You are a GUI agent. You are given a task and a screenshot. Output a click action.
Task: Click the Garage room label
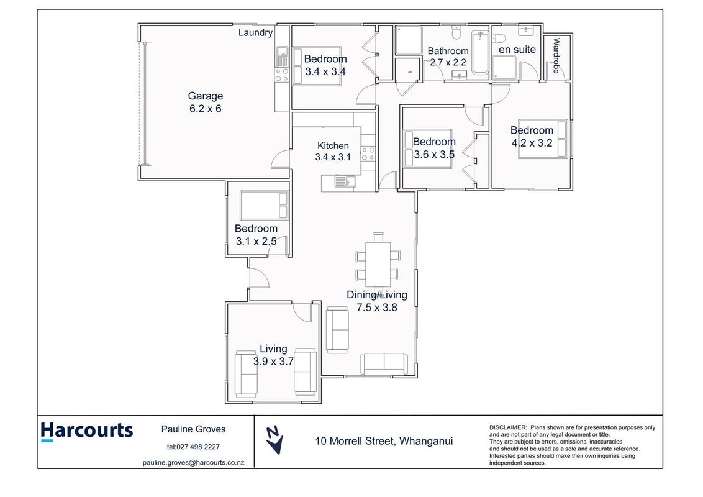[206, 96]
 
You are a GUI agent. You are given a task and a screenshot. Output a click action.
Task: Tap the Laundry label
[255, 33]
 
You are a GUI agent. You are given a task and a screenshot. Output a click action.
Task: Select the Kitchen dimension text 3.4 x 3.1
[333, 157]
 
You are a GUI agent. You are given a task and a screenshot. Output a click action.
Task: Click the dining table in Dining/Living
[378, 264]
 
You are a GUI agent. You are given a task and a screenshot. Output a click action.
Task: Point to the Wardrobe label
[556, 56]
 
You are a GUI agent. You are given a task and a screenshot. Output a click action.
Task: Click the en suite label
[517, 50]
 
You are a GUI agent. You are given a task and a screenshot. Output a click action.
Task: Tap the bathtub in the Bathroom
[479, 52]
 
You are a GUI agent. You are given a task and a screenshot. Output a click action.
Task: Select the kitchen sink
[345, 181]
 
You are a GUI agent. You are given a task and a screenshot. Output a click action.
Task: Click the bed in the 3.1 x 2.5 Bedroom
[263, 206]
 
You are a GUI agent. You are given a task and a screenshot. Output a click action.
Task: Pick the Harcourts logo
[87, 432]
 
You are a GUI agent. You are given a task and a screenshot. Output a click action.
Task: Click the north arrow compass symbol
[274, 440]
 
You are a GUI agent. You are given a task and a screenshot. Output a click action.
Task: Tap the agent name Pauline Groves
[193, 429]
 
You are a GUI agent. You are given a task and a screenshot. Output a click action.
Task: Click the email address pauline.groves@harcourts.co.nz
[193, 462]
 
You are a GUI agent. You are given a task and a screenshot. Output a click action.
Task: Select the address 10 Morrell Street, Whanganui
[384, 441]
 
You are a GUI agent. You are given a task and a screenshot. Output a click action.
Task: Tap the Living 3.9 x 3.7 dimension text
[273, 362]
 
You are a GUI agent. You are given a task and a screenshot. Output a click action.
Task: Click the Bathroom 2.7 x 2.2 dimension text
[448, 62]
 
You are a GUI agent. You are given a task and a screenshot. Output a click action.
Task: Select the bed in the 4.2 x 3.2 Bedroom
[543, 139]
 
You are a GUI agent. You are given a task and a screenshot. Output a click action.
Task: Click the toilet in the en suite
[500, 36]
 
